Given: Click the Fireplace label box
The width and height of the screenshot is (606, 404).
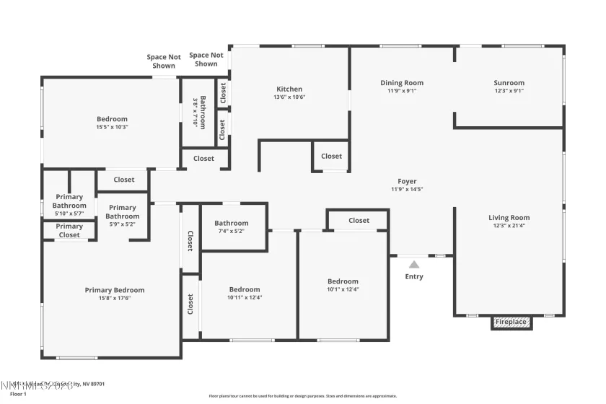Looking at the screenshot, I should (511, 322).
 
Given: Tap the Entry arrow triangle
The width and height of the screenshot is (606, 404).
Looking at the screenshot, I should (413, 264).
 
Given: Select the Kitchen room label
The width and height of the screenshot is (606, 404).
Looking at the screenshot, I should (289, 89).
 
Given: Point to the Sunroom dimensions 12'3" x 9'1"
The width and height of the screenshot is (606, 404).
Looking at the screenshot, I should (509, 91).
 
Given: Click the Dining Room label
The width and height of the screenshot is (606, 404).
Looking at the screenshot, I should (402, 83).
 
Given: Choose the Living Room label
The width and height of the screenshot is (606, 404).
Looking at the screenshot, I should (509, 218).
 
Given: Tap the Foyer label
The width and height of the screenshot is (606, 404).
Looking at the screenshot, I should (407, 182).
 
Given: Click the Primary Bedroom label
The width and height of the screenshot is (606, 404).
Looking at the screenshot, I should (115, 290).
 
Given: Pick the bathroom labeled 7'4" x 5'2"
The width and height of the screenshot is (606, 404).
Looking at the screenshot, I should (231, 227).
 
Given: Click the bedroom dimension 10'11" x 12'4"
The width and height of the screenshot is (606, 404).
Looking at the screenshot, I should (245, 297).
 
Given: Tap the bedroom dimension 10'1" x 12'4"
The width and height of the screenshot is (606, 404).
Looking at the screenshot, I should (343, 289).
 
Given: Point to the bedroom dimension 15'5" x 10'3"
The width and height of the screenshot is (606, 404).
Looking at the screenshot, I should (112, 127).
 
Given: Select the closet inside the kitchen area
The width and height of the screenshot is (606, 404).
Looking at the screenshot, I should (331, 156).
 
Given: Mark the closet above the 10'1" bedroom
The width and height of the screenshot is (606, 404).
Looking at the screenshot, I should (359, 220).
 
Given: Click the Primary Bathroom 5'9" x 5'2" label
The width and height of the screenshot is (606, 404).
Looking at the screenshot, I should (123, 216).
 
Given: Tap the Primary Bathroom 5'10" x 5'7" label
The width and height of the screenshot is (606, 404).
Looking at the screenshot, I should (69, 205).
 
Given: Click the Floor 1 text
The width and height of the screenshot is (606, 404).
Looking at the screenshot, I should (18, 395).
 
